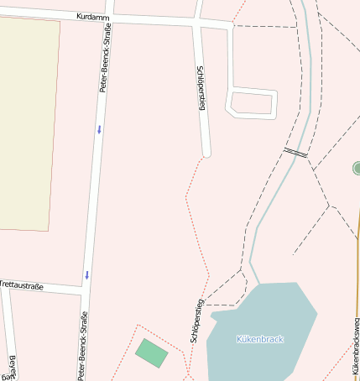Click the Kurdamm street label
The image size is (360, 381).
pos(91,17)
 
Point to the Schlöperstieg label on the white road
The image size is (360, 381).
pos(201,89)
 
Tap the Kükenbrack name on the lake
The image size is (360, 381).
pos(260,339)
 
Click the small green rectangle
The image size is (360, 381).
pos(152,352)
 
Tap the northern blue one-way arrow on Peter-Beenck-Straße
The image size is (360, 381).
pos(99,128)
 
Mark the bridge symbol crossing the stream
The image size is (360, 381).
pos(295,153)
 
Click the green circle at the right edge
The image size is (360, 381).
pos(357,169)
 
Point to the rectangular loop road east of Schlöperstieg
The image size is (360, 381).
pos(253,102)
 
